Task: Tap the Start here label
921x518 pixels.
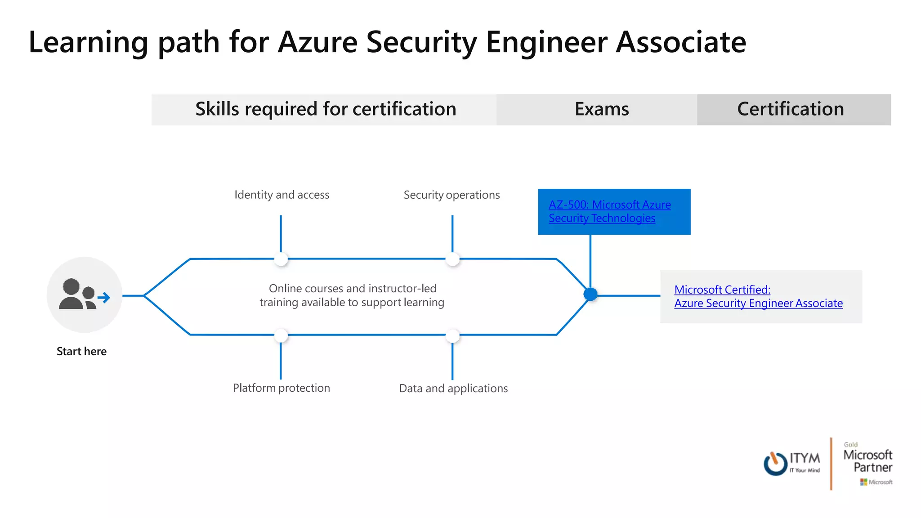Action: pos(81,351)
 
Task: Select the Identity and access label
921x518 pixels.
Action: pos(282,195)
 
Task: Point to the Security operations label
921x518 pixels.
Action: pos(452,195)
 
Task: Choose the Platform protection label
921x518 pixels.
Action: pos(281,388)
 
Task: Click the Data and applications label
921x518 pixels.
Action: pos(453,388)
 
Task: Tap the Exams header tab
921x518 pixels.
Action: pos(601,109)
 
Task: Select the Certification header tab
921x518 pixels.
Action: pos(790,109)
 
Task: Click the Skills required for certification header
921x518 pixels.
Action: pos(326,109)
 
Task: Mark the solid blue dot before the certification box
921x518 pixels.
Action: pos(590,295)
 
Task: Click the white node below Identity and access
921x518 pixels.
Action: pos(281,259)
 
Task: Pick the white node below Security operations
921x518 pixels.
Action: pos(452,259)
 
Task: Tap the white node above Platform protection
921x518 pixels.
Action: pos(281,335)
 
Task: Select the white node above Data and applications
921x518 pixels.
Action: pos(452,335)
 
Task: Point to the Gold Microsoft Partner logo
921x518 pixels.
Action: pos(868,463)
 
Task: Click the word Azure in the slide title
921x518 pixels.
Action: pos(317,42)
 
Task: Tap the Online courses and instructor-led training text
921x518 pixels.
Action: pos(352,295)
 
